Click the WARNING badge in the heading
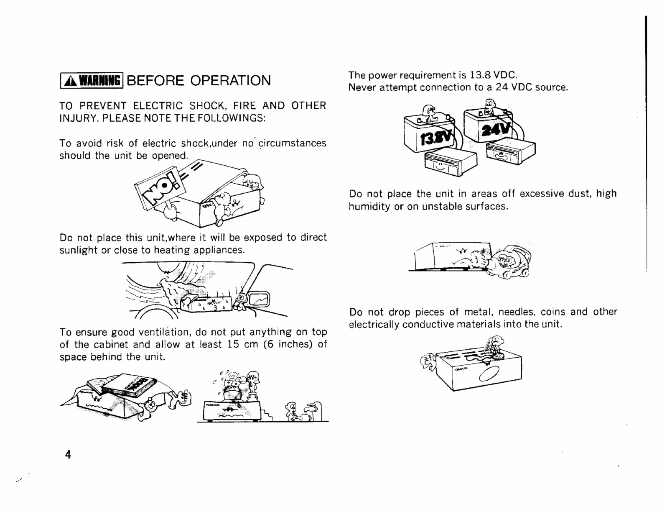point(92,80)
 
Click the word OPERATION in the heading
point(230,80)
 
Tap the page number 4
point(68,454)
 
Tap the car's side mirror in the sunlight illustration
point(259,300)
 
